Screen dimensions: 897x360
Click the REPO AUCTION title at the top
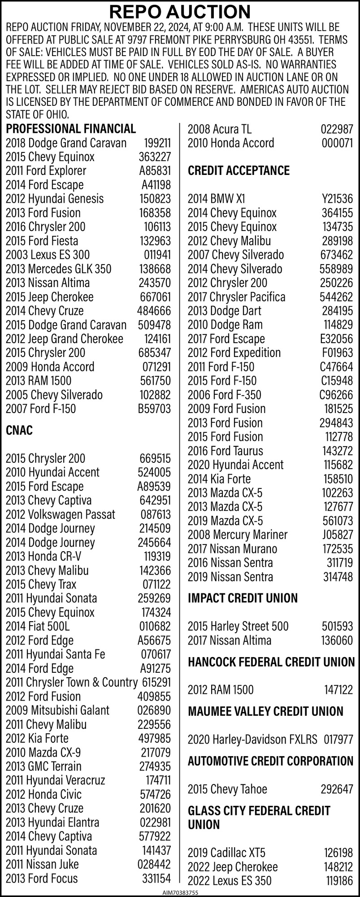tap(180, 12)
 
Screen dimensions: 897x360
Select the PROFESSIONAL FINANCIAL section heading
tap(71, 129)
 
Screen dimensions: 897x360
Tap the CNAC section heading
tap(19, 431)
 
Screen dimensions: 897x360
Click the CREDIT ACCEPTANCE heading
tap(239, 171)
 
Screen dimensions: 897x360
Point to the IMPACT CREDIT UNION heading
tap(243, 598)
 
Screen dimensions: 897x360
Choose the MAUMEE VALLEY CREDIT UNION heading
tap(265, 712)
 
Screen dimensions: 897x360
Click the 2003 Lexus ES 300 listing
tap(48, 255)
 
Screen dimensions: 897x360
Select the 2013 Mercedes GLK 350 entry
tap(58, 269)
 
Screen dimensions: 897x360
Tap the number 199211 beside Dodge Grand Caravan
tap(157, 144)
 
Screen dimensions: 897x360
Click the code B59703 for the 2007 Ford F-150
tap(155, 409)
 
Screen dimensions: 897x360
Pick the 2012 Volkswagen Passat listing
tap(60, 514)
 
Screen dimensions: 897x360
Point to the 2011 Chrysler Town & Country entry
tap(71, 683)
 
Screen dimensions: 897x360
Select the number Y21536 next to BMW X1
tap(337, 199)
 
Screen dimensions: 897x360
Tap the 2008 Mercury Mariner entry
tap(238, 535)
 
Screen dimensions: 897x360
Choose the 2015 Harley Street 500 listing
tap(238, 627)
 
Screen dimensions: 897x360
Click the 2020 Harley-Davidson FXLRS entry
tap(252, 740)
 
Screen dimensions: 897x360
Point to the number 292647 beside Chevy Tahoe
tap(337, 789)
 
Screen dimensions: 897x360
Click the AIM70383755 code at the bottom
tap(180, 893)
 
